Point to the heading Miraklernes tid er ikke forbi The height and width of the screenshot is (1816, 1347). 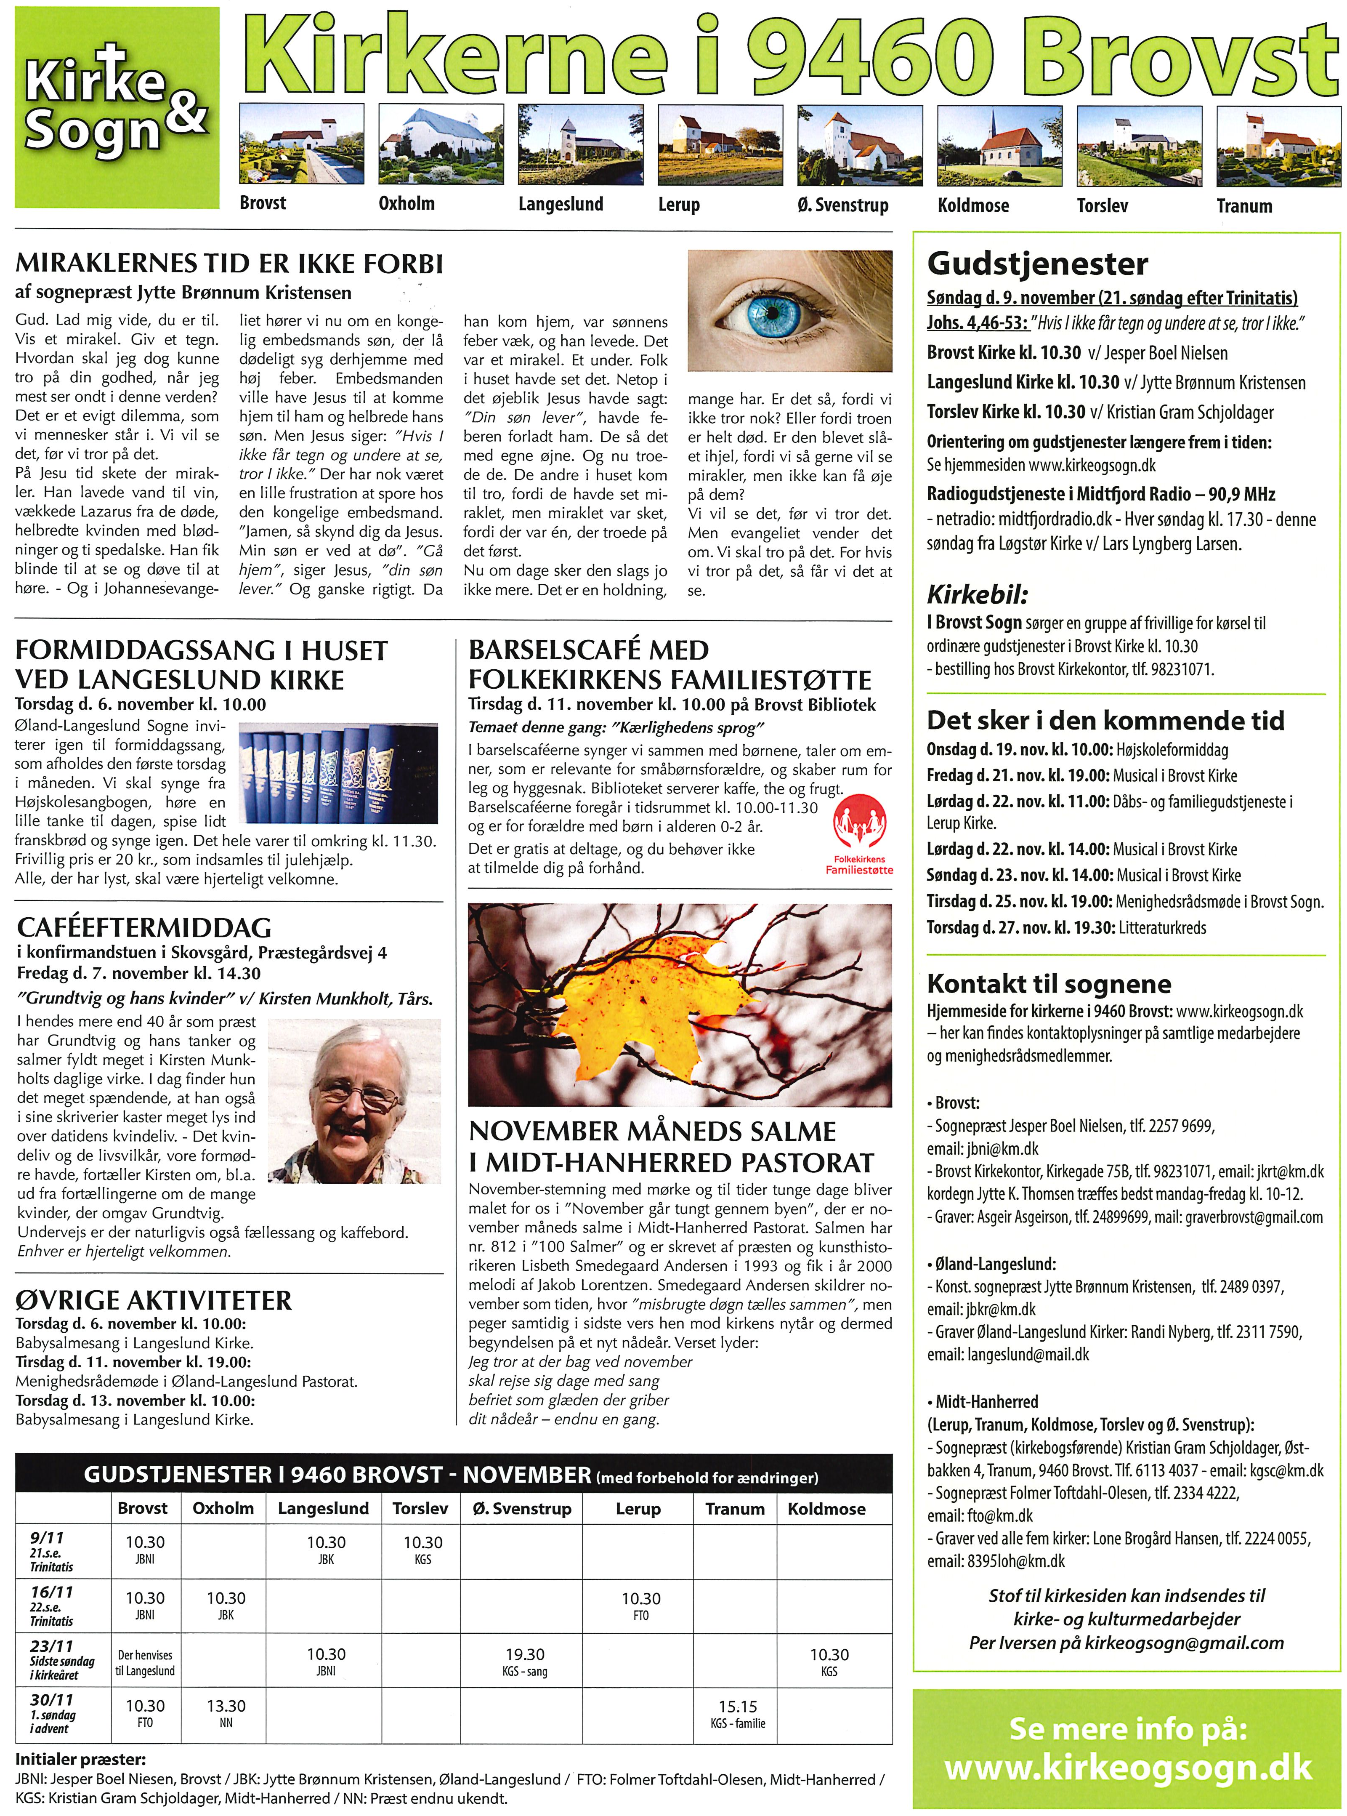pyautogui.click(x=229, y=264)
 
